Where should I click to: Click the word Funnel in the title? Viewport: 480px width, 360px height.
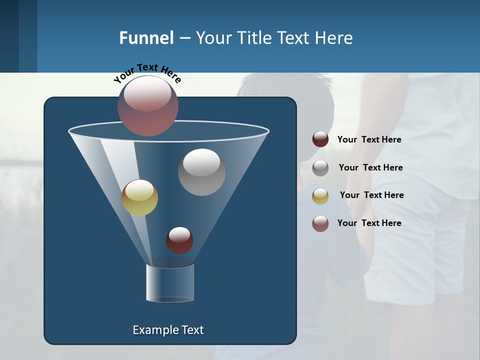tap(146, 38)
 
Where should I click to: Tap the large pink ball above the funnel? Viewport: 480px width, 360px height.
tap(148, 105)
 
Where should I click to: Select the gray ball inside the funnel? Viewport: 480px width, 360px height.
tap(201, 172)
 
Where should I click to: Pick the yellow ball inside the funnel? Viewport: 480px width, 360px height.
tap(140, 197)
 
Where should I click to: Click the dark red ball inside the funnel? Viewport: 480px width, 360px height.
tap(179, 240)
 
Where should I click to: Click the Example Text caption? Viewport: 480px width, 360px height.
tap(168, 330)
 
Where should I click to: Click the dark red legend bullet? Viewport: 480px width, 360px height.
tap(320, 139)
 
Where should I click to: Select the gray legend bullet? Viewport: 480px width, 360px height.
tap(320, 167)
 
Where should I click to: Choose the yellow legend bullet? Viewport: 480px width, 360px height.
tap(320, 195)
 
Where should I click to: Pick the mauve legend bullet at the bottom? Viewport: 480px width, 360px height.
tap(320, 223)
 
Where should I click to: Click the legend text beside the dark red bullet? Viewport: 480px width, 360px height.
tap(369, 140)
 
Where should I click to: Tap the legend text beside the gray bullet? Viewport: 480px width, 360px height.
tap(370, 168)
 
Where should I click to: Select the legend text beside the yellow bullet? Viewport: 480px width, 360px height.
tap(371, 195)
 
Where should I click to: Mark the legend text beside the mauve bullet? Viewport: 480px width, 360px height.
tap(369, 223)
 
